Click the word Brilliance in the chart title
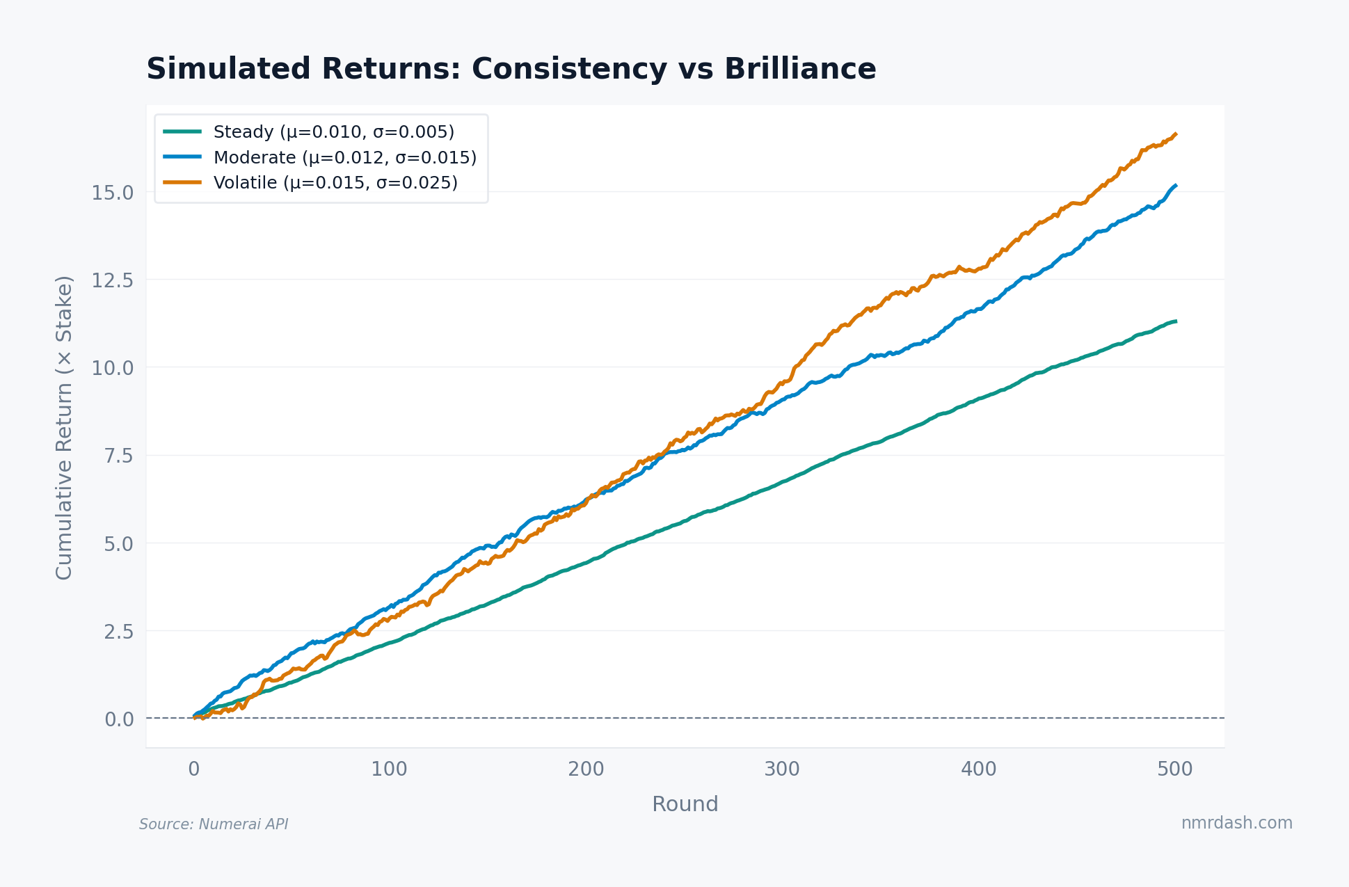799,70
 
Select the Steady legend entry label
333,132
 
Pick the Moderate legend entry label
344,158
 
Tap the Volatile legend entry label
335,183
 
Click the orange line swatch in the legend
182,182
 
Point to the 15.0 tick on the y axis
113,193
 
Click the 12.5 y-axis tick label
113,280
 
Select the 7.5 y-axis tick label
118,456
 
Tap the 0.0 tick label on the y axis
119,719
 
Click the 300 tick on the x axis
782,769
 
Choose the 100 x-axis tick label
389,769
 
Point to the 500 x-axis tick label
1174,769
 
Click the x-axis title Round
685,804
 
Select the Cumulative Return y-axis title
64,427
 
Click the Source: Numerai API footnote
214,824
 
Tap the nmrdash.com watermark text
1236,823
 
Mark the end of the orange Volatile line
1175,134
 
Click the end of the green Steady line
1175,321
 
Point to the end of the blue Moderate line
1175,186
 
